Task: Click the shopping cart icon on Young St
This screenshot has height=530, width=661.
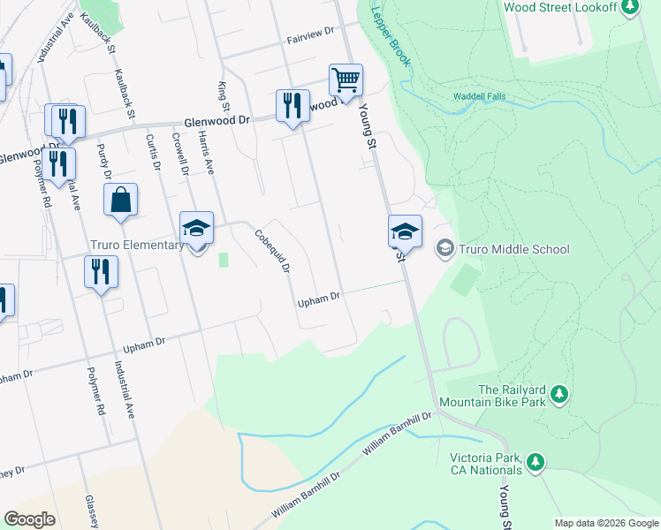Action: [346, 79]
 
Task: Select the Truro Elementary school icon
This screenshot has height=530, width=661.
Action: [196, 228]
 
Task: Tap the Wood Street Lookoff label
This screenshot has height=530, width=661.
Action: [559, 6]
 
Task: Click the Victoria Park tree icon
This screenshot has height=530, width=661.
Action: [534, 461]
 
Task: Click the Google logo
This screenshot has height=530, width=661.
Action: [29, 519]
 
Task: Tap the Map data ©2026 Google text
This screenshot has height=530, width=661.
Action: [605, 523]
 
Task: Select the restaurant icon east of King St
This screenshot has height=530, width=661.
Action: [290, 106]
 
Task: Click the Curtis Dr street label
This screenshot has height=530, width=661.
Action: [154, 151]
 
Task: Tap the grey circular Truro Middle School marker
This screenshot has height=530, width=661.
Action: [444, 249]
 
